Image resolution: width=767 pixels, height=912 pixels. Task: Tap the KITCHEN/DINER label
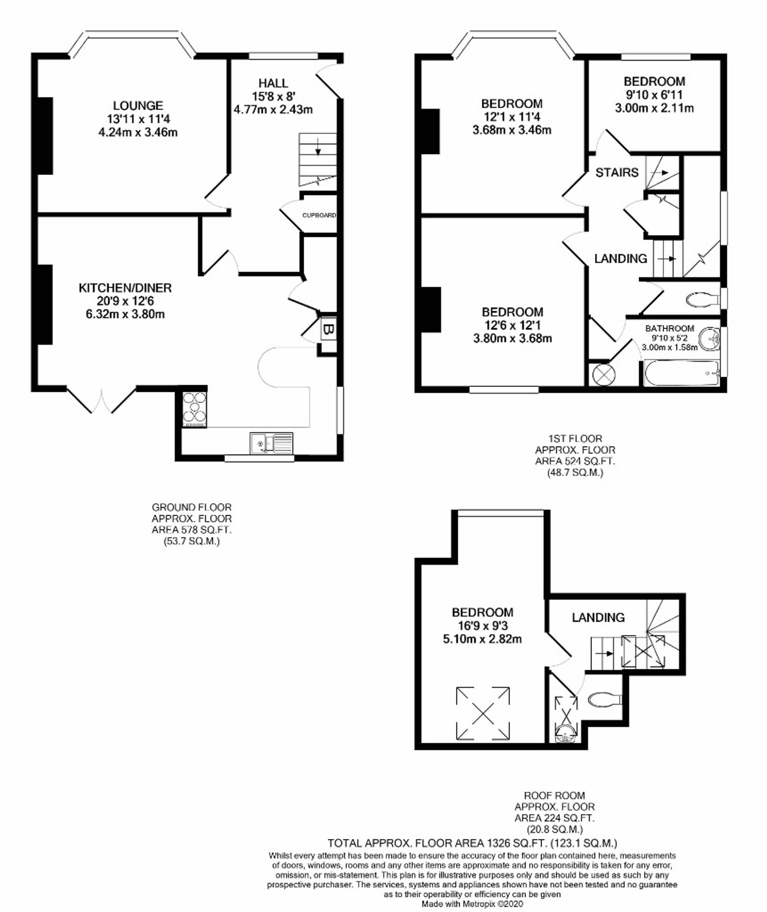pos(125,288)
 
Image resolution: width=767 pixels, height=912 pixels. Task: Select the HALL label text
pos(273,83)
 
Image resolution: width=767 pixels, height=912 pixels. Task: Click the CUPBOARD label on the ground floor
pos(319,215)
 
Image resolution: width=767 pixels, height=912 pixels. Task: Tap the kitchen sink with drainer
pos(271,443)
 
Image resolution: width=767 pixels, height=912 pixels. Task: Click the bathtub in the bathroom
pos(682,373)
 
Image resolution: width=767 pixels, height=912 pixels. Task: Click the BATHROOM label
pos(670,328)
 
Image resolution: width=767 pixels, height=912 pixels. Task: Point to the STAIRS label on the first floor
pos(617,173)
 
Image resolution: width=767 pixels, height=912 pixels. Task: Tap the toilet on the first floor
pos(703,299)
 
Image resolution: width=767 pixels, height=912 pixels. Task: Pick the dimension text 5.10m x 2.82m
pos(482,639)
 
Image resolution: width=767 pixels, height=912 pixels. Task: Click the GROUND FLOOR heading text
pos(191,507)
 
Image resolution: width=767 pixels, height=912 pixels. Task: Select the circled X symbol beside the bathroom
pos(604,374)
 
